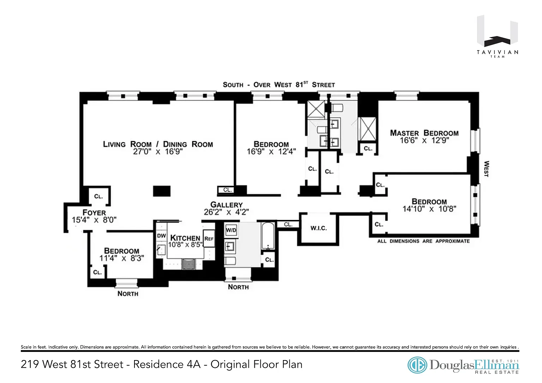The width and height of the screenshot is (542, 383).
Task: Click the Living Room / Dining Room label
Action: tap(158, 144)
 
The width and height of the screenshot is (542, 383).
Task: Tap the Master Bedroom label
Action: tap(424, 133)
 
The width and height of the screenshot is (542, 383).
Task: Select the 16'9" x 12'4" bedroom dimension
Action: tap(271, 152)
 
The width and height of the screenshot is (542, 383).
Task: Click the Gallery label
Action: tap(227, 205)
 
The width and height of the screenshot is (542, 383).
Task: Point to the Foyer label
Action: tap(94, 213)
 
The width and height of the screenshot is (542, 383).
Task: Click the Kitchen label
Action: tap(185, 238)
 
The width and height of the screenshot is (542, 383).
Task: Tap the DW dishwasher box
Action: tap(161, 236)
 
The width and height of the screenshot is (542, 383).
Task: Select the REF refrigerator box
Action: tap(209, 239)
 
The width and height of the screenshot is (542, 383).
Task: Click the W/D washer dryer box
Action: tap(231, 230)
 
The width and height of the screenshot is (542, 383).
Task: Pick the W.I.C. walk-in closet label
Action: tap(318, 228)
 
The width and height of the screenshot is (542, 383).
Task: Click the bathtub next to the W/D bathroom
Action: tap(268, 236)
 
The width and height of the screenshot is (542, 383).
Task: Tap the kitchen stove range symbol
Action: tap(188, 264)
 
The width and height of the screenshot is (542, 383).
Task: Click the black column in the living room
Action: tap(162, 191)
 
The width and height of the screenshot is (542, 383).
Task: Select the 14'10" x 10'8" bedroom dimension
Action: tap(429, 209)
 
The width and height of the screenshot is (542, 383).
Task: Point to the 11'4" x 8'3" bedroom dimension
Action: tap(122, 258)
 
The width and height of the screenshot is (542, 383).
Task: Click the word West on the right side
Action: tap(486, 169)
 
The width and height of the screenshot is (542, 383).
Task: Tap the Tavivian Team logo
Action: tap(497, 36)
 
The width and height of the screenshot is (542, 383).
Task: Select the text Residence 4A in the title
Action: tap(167, 364)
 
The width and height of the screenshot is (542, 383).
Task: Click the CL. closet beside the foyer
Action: tap(98, 196)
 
